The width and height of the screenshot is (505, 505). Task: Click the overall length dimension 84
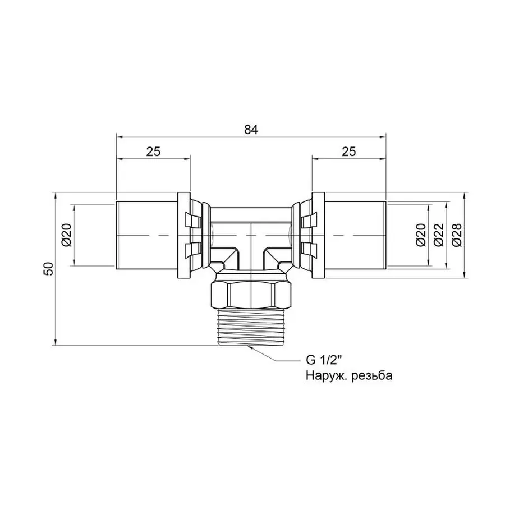click(251, 129)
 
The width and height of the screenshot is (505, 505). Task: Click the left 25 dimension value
click(154, 151)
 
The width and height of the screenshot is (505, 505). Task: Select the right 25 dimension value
click(349, 151)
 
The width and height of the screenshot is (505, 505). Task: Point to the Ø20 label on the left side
click(67, 235)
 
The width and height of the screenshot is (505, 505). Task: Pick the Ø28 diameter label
click(456, 235)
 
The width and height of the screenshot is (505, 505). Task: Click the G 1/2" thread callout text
click(324, 360)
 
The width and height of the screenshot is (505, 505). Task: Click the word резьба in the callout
click(370, 376)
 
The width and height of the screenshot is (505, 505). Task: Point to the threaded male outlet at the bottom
click(251, 326)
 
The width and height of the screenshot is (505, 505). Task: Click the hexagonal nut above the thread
click(251, 293)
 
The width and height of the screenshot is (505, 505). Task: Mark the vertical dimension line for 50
click(56, 314)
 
